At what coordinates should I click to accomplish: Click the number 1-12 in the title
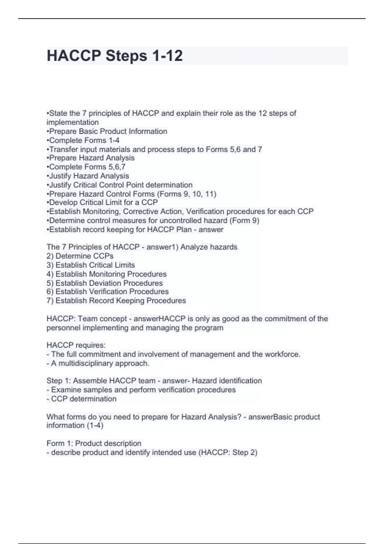click(x=167, y=56)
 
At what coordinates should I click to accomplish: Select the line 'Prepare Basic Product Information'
click(x=107, y=131)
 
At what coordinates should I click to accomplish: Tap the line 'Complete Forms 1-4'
click(x=83, y=140)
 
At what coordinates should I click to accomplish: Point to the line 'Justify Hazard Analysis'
click(x=88, y=176)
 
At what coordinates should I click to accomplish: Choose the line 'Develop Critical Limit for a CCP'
click(x=102, y=202)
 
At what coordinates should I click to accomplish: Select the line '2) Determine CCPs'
click(x=80, y=256)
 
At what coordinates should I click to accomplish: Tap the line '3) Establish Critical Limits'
click(x=91, y=265)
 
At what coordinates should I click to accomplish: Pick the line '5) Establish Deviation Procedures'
click(x=105, y=283)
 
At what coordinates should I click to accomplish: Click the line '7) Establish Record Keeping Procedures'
click(x=116, y=300)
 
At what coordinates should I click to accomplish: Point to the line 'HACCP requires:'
click(x=76, y=345)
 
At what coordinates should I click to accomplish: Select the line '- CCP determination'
click(x=81, y=399)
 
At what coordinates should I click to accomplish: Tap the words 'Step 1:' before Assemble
click(x=59, y=381)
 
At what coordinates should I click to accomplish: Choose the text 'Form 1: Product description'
click(x=94, y=443)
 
